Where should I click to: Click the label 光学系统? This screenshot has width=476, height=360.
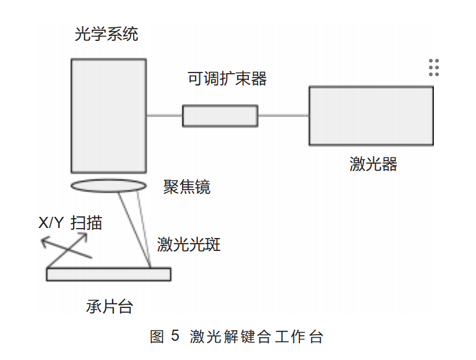coord(106,34)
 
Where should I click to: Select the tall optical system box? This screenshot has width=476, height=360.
coord(108,115)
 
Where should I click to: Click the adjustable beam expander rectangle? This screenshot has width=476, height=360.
coord(220,116)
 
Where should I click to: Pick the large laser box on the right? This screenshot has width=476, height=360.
coord(371,115)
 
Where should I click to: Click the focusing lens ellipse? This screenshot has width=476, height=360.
coord(108,185)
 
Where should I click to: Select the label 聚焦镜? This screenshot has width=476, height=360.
coord(187,187)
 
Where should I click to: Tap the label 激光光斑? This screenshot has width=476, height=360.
coord(189,244)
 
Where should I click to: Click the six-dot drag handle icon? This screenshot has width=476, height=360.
coord(434,68)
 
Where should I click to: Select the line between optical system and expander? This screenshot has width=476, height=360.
coord(164,115)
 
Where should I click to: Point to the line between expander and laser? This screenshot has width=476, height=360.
coord(283,115)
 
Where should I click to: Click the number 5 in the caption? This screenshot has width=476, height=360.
coord(175,336)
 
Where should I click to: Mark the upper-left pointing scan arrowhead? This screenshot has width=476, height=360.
coord(45,241)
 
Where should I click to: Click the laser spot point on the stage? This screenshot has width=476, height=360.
coord(151,268)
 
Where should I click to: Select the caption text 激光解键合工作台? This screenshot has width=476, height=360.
coord(257,337)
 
